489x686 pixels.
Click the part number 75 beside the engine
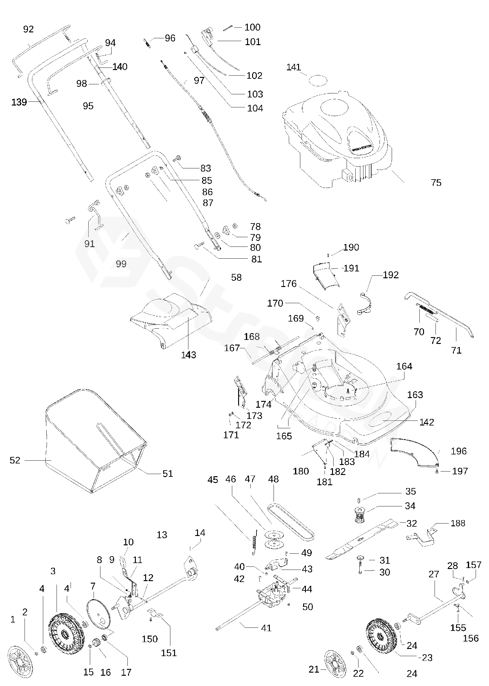click(436, 183)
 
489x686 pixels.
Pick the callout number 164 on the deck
click(404, 366)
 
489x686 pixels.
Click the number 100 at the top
click(252, 27)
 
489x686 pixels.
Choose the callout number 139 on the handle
click(19, 102)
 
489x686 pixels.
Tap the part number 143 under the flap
click(189, 355)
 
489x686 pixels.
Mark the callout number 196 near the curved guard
click(459, 451)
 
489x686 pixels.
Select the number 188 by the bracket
click(458, 523)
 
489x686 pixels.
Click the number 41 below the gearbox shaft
click(266, 628)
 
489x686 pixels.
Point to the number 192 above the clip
click(390, 275)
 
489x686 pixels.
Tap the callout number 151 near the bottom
click(169, 652)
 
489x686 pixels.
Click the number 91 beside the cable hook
click(90, 243)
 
